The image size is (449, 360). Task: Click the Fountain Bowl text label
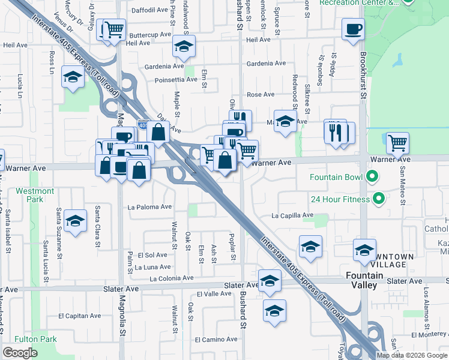tap(335, 177)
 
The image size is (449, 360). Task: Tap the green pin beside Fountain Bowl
tap(372, 176)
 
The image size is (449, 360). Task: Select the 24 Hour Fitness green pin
tap(378, 198)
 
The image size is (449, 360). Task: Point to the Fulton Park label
tap(37, 339)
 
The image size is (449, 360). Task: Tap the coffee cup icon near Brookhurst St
tap(353, 29)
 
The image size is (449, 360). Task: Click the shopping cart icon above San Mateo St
tap(397, 143)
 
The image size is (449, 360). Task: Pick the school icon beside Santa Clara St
tap(76, 221)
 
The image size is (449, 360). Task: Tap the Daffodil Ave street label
tap(150, 10)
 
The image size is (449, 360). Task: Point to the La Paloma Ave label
tap(150, 207)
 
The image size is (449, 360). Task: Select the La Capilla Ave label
tap(292, 215)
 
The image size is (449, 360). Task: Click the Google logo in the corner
tap(20, 353)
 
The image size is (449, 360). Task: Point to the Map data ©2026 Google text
tap(411, 355)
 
